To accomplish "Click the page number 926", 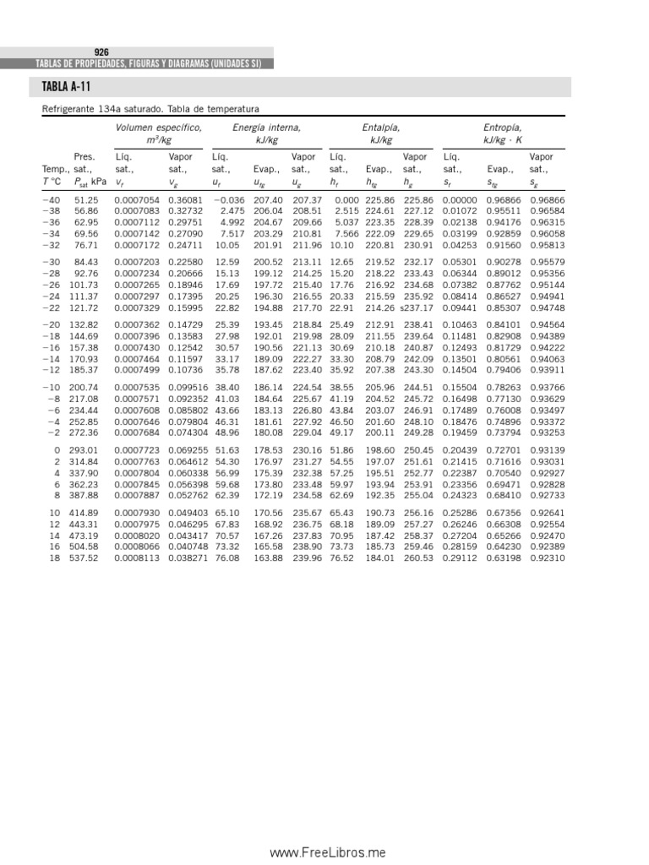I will click(101, 52).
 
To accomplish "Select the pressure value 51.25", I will click(86, 199).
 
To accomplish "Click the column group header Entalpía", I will click(381, 128).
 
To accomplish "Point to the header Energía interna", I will click(266, 128).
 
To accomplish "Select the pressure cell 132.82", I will click(85, 324).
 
